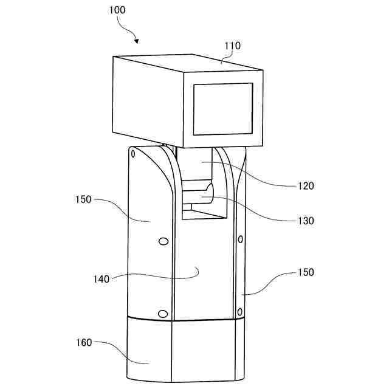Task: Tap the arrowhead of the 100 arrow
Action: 137,42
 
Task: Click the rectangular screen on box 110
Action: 222,109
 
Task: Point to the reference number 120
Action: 306,186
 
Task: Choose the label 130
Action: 306,221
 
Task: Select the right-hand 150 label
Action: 306,272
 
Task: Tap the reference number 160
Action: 84,342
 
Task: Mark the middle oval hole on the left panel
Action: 162,242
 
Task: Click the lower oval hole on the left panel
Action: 162,313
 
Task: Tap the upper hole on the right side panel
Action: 241,238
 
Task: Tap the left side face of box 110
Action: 148,100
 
